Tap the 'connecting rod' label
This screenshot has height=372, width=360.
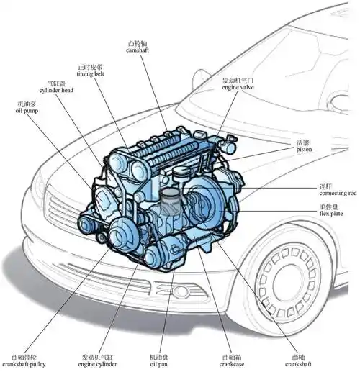point(337,194)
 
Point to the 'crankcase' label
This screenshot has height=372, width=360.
point(232,364)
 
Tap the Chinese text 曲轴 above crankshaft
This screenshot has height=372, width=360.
point(298,356)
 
